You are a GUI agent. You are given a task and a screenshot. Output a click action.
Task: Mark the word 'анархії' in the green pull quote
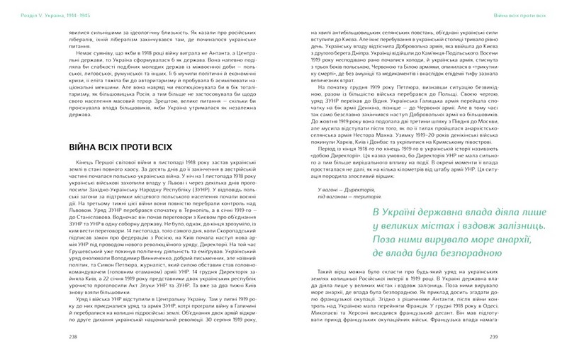click(x=507, y=221)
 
